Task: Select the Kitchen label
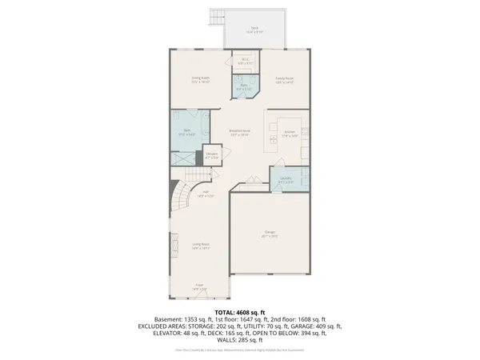click(290, 133)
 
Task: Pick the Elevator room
click(212, 157)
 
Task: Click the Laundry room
click(285, 181)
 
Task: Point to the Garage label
click(270, 234)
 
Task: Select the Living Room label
click(200, 246)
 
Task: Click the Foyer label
click(200, 287)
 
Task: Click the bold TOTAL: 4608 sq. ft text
click(239, 311)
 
